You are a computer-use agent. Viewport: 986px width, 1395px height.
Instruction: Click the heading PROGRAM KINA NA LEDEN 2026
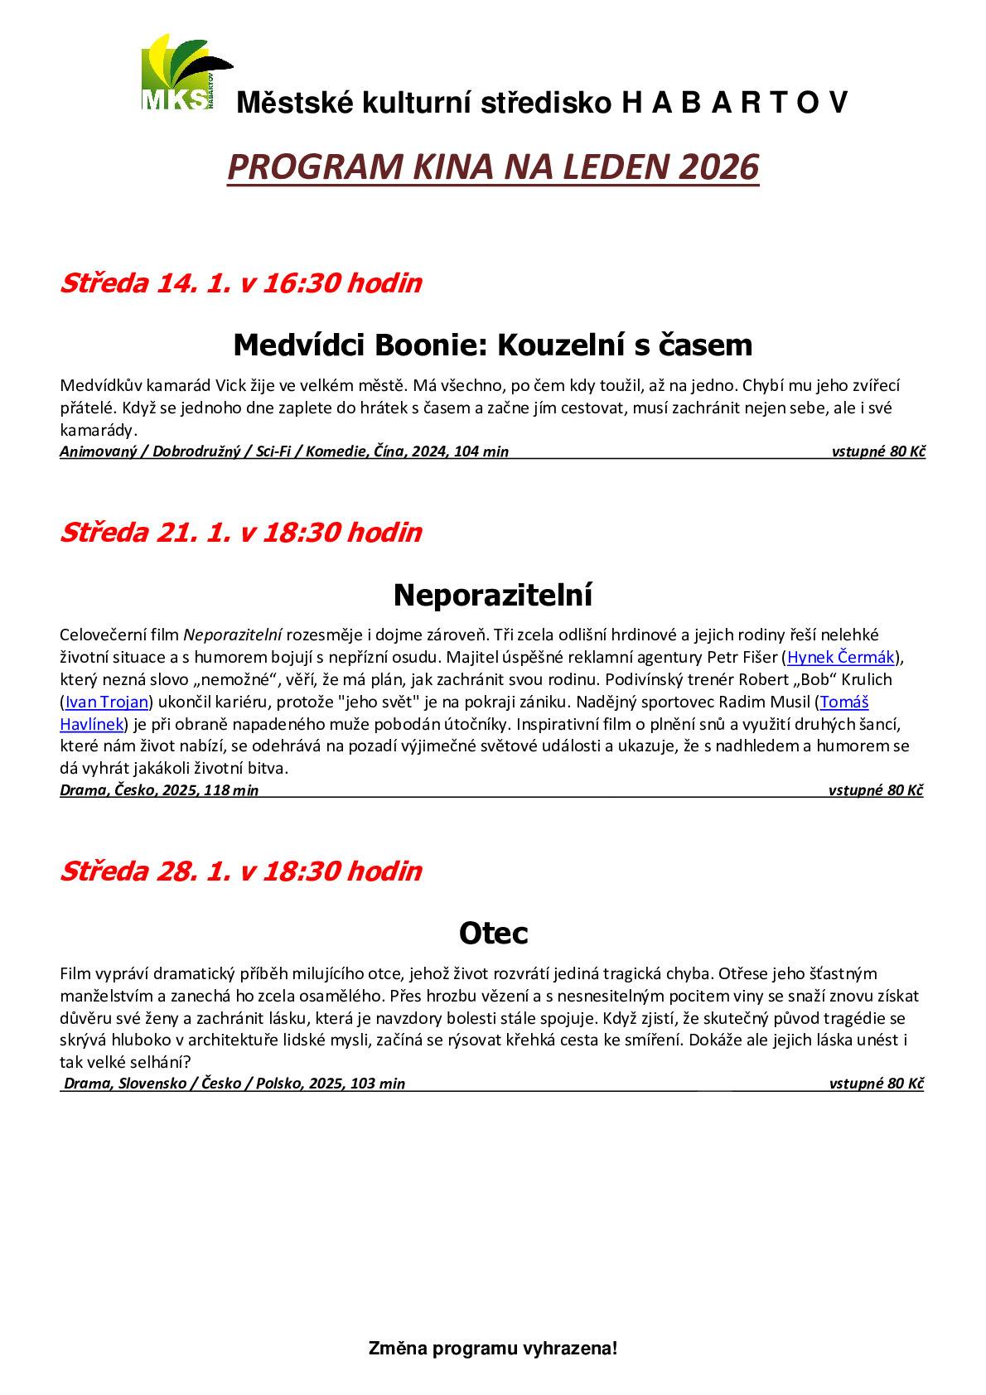493,167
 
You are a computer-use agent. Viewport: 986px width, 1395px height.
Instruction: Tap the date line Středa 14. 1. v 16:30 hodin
240,283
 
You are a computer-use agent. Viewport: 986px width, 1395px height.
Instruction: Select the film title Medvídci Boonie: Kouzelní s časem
493,344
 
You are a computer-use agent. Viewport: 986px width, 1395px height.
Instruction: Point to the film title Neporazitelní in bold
493,594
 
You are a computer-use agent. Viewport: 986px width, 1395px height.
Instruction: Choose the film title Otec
493,933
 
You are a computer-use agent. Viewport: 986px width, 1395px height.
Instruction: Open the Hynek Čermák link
841,658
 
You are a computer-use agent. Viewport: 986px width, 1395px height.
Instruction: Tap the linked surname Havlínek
91,724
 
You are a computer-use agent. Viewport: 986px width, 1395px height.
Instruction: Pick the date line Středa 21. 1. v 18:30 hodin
240,532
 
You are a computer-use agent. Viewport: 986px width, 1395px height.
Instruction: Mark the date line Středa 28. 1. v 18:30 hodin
240,871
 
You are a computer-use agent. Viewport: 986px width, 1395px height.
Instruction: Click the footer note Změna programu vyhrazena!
493,1349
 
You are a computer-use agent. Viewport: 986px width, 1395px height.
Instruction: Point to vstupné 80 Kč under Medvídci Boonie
878,451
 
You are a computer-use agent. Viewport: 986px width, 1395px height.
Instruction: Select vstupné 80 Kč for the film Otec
876,1083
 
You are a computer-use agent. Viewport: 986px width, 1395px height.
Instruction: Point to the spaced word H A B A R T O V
733,103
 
